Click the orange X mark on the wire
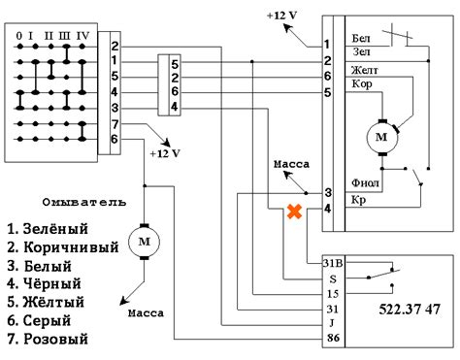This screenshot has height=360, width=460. coord(290,212)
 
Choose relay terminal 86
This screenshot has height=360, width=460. coord(332,339)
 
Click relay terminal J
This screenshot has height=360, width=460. coord(332,323)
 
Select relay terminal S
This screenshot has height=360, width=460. coord(332,278)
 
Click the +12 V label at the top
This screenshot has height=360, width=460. coord(281,16)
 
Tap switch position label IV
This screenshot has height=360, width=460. coord(83,36)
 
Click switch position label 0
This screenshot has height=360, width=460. coord(19,36)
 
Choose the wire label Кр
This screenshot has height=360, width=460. coord(359,200)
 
